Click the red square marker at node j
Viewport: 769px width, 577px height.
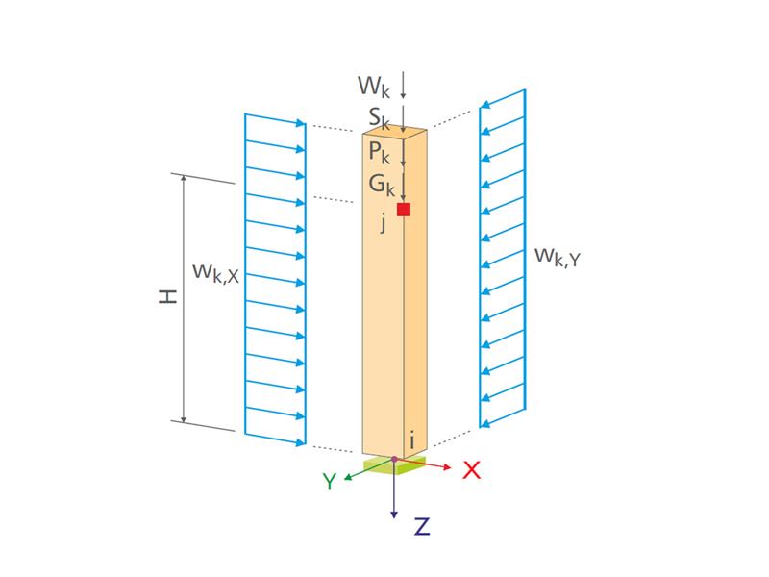pyautogui.click(x=404, y=210)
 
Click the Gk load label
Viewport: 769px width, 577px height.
pyautogui.click(x=381, y=184)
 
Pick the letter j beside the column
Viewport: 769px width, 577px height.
pyautogui.click(x=383, y=223)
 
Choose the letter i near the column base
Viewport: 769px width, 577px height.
pyautogui.click(x=412, y=440)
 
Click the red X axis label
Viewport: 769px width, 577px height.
pyautogui.click(x=471, y=470)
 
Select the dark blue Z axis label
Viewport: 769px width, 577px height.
pyautogui.click(x=421, y=526)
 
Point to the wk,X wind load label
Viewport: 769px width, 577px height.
pyautogui.click(x=215, y=272)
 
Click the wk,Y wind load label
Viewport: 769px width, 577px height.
pyautogui.click(x=558, y=257)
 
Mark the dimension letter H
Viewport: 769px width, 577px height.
pyautogui.click(x=169, y=298)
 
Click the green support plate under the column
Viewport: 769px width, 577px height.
pyautogui.click(x=394, y=465)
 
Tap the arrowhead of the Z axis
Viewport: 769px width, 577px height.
pyautogui.click(x=394, y=515)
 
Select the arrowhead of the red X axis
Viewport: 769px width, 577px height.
pyautogui.click(x=447, y=468)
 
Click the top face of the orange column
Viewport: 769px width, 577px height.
pyautogui.click(x=394, y=133)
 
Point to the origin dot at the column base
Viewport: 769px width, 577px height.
pyautogui.click(x=394, y=459)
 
